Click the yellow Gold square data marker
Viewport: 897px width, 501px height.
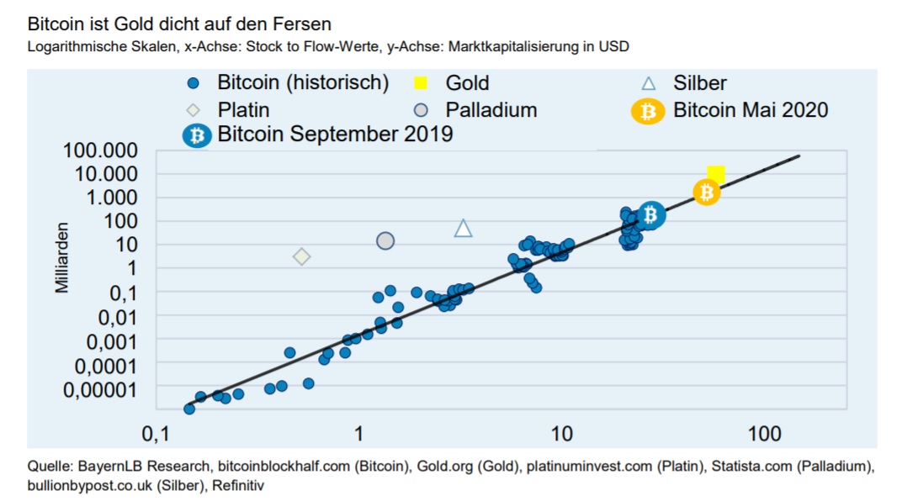[x=716, y=174]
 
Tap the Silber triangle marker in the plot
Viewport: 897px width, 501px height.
[x=463, y=228]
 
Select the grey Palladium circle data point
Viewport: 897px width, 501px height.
[x=385, y=241]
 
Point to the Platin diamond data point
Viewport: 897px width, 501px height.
[x=301, y=256]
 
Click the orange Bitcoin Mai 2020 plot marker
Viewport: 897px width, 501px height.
[x=707, y=192]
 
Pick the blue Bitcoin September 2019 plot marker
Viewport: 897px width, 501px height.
[x=650, y=215]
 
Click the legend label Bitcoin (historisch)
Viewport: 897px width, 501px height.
[x=303, y=82]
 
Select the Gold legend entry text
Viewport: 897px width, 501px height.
[x=467, y=83]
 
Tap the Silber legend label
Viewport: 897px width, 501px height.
[x=699, y=83]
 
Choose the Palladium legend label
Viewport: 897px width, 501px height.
[x=491, y=110]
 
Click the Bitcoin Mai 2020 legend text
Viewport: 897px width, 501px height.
[x=751, y=110]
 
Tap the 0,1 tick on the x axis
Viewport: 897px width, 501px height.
[x=156, y=435]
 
